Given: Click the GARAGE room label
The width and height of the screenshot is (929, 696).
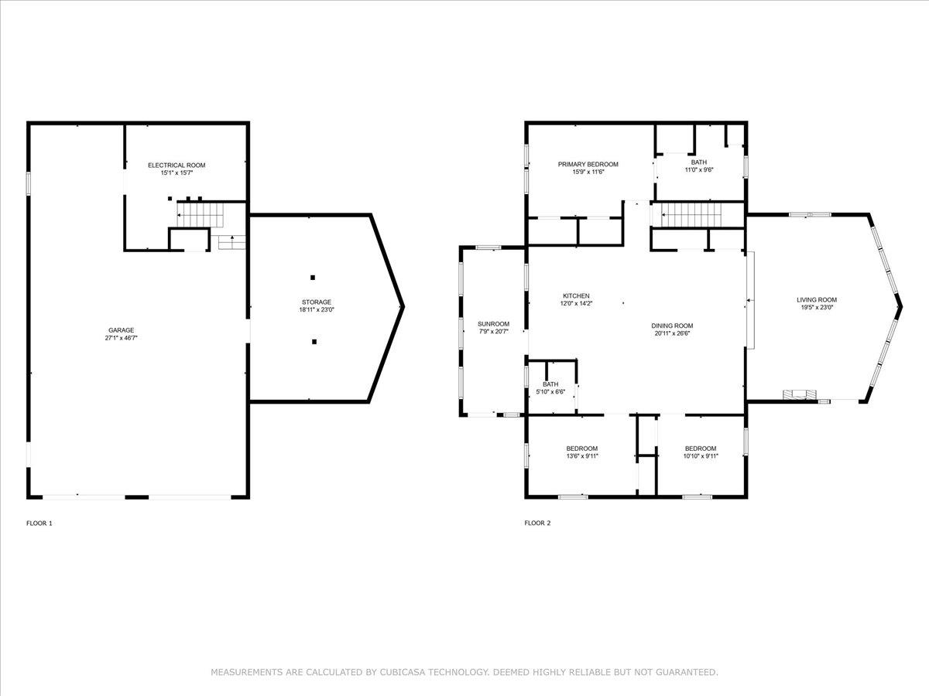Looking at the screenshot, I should pyautogui.click(x=121, y=330).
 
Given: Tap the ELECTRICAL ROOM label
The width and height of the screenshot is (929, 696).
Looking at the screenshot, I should pyautogui.click(x=177, y=165).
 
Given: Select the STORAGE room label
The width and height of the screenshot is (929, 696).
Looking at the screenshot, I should pyautogui.click(x=316, y=302).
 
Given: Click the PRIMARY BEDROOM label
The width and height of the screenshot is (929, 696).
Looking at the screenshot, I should pyautogui.click(x=588, y=164).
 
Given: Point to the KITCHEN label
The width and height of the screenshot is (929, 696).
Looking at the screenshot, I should pyautogui.click(x=576, y=296).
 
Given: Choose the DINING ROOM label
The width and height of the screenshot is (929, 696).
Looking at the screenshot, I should pyautogui.click(x=671, y=326).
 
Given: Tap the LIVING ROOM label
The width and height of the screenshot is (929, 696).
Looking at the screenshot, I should pyautogui.click(x=817, y=300).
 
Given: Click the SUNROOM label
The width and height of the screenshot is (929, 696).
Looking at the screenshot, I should pyautogui.click(x=493, y=323).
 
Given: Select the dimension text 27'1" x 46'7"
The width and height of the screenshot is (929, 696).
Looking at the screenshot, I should pyautogui.click(x=121, y=338).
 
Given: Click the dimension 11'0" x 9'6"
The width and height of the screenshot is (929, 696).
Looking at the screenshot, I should pyautogui.click(x=698, y=170).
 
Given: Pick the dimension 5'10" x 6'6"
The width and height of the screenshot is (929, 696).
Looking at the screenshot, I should pyautogui.click(x=550, y=392).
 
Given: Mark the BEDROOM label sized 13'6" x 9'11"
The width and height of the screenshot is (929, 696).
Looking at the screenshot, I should pyautogui.click(x=581, y=449).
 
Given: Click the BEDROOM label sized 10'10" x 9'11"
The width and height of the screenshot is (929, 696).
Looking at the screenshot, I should pyautogui.click(x=700, y=449).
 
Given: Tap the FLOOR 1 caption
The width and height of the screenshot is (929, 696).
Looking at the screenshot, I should pyautogui.click(x=39, y=524).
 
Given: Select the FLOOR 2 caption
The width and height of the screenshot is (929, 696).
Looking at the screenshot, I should pyautogui.click(x=537, y=524).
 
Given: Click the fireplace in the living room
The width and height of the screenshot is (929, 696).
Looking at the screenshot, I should pyautogui.click(x=798, y=394).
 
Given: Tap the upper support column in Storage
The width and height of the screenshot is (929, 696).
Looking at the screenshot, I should pyautogui.click(x=313, y=277).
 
